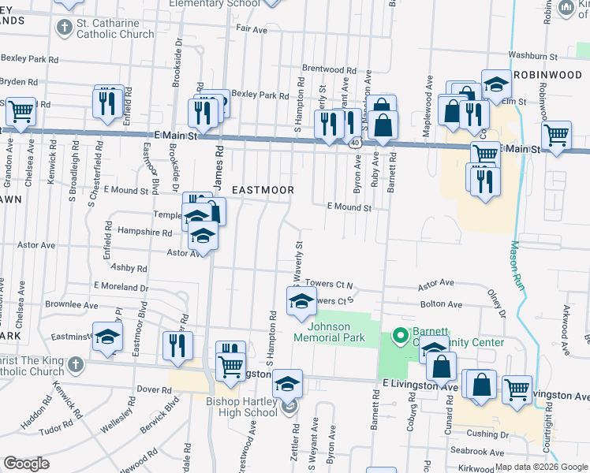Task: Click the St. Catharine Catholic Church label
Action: pyautogui.click(x=115, y=28)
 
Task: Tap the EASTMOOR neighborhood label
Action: pyautogui.click(x=263, y=191)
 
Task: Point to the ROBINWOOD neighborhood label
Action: pyautogui.click(x=547, y=74)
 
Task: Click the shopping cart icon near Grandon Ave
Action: pyautogui.click(x=21, y=111)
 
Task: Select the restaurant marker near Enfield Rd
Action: pyautogui.click(x=108, y=100)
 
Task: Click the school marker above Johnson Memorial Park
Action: pyautogui.click(x=301, y=301)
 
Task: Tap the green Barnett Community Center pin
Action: pyautogui.click(x=400, y=334)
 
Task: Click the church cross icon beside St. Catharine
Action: pyautogui.click(x=64, y=28)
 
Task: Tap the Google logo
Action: pyautogui.click(x=26, y=463)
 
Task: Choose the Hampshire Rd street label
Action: pyautogui.click(x=144, y=233)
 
